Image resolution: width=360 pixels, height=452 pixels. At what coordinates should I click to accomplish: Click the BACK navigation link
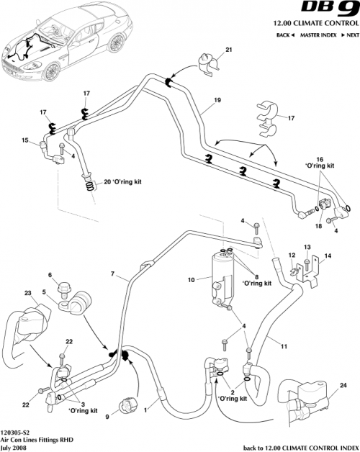pos(284,35)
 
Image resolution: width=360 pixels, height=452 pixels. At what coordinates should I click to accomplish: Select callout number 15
pos(25,140)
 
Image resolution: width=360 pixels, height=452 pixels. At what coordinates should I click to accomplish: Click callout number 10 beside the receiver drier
pos(192,279)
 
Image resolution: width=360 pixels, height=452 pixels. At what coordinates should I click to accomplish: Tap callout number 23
pos(29,294)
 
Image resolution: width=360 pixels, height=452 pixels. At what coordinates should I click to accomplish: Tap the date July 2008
pos(15,446)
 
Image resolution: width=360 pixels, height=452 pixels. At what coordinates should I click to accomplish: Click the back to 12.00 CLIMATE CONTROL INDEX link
pos(305,446)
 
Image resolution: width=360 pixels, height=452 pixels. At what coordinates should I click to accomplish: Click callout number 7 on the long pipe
pos(112,275)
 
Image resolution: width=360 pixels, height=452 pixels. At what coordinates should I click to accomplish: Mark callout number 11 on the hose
pos(284,346)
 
